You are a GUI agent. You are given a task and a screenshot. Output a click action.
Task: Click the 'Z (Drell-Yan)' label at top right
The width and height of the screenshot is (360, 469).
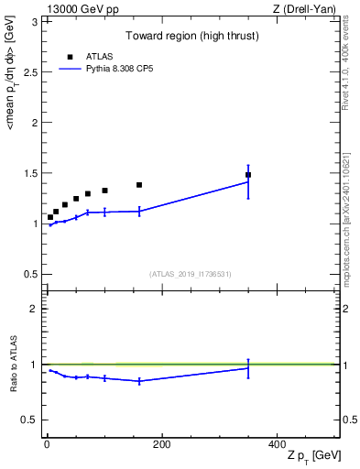point(307,9)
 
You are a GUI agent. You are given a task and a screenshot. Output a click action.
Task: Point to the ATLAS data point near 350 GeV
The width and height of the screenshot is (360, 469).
point(248,174)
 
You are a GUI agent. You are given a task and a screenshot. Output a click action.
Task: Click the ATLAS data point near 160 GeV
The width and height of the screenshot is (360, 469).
point(139,185)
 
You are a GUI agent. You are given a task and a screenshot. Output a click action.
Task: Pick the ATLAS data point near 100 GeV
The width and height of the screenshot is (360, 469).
point(104,191)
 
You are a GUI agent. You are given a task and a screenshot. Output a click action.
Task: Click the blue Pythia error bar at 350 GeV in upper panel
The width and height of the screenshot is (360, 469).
point(248,181)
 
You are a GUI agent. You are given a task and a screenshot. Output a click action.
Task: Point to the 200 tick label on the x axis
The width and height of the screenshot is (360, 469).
point(161,444)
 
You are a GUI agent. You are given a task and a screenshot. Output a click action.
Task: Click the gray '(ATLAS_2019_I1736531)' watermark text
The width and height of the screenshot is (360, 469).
point(191,274)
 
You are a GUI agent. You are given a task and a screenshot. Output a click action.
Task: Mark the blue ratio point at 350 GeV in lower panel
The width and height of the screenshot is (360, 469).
point(248,368)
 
